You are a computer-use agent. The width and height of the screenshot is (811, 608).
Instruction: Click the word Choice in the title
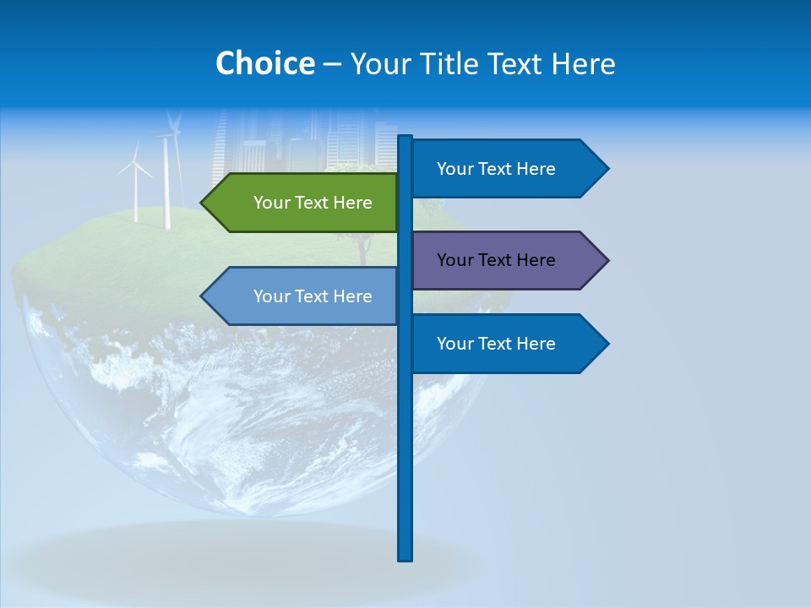[x=264, y=63]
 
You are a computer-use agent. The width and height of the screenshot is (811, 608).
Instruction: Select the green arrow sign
[x=304, y=203]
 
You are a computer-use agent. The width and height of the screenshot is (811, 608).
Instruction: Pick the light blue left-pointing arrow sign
[x=304, y=296]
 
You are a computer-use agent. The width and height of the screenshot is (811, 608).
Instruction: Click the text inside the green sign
[x=313, y=203]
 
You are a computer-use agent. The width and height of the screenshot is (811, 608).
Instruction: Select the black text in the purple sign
[x=496, y=260]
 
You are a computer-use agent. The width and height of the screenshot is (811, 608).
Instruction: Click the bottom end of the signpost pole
[x=405, y=557]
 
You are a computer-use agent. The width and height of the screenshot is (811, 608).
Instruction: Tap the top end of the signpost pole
[x=405, y=138]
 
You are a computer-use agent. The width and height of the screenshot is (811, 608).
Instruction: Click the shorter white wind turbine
[x=134, y=186]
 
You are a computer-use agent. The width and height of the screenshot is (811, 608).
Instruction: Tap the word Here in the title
[x=584, y=63]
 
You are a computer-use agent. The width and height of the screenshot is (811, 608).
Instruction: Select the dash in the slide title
[x=332, y=63]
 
